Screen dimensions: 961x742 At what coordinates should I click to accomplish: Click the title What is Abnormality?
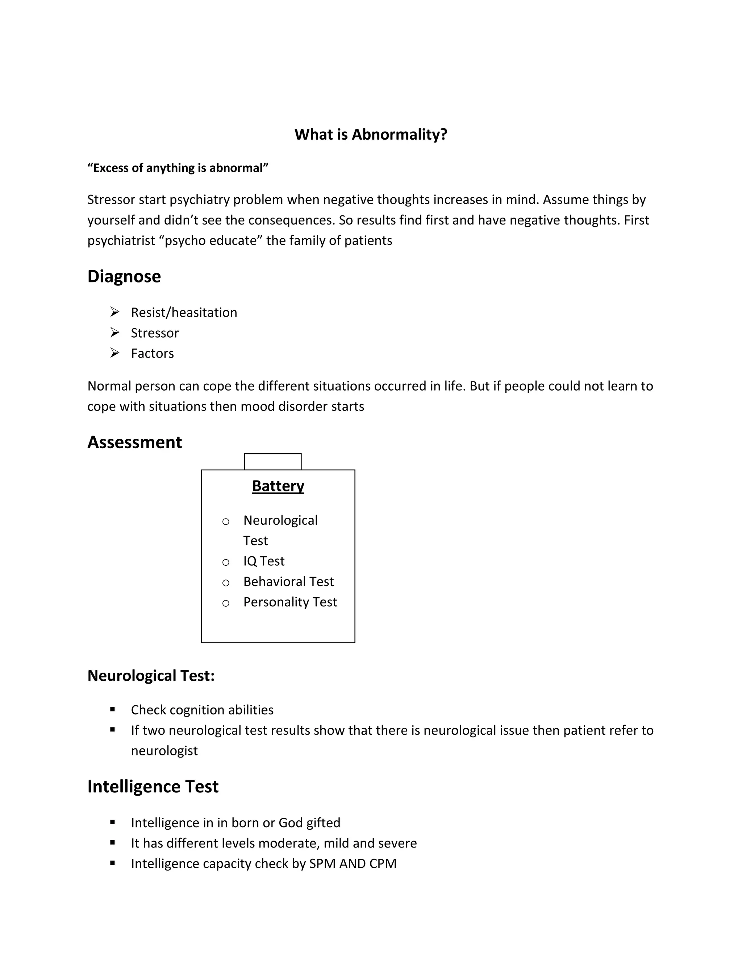pyautogui.click(x=371, y=134)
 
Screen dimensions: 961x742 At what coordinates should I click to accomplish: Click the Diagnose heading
pyautogui.click(x=124, y=277)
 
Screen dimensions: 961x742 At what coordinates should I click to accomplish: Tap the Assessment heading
pyautogui.click(x=134, y=442)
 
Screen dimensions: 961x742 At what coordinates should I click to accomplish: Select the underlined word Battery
pyautogui.click(x=278, y=486)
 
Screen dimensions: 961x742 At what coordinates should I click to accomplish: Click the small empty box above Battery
pyautogui.click(x=272, y=462)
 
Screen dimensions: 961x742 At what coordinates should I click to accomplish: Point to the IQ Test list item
pyautogui.click(x=264, y=561)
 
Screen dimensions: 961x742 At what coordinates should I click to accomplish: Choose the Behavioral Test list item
pyautogui.click(x=288, y=582)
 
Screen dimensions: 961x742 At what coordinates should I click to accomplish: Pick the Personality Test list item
pyautogui.click(x=290, y=602)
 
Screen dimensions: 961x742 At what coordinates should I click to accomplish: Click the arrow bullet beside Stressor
pyautogui.click(x=115, y=333)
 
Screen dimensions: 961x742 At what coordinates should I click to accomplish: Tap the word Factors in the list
pyautogui.click(x=152, y=353)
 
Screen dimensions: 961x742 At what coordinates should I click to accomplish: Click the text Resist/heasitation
pyautogui.click(x=184, y=312)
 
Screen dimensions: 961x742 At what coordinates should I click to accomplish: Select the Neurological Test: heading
pyautogui.click(x=151, y=676)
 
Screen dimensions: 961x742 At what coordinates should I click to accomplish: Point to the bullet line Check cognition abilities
pyautogui.click(x=202, y=710)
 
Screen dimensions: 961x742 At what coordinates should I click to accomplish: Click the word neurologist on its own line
pyautogui.click(x=164, y=751)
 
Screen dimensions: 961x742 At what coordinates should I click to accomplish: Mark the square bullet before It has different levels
pyautogui.click(x=113, y=843)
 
